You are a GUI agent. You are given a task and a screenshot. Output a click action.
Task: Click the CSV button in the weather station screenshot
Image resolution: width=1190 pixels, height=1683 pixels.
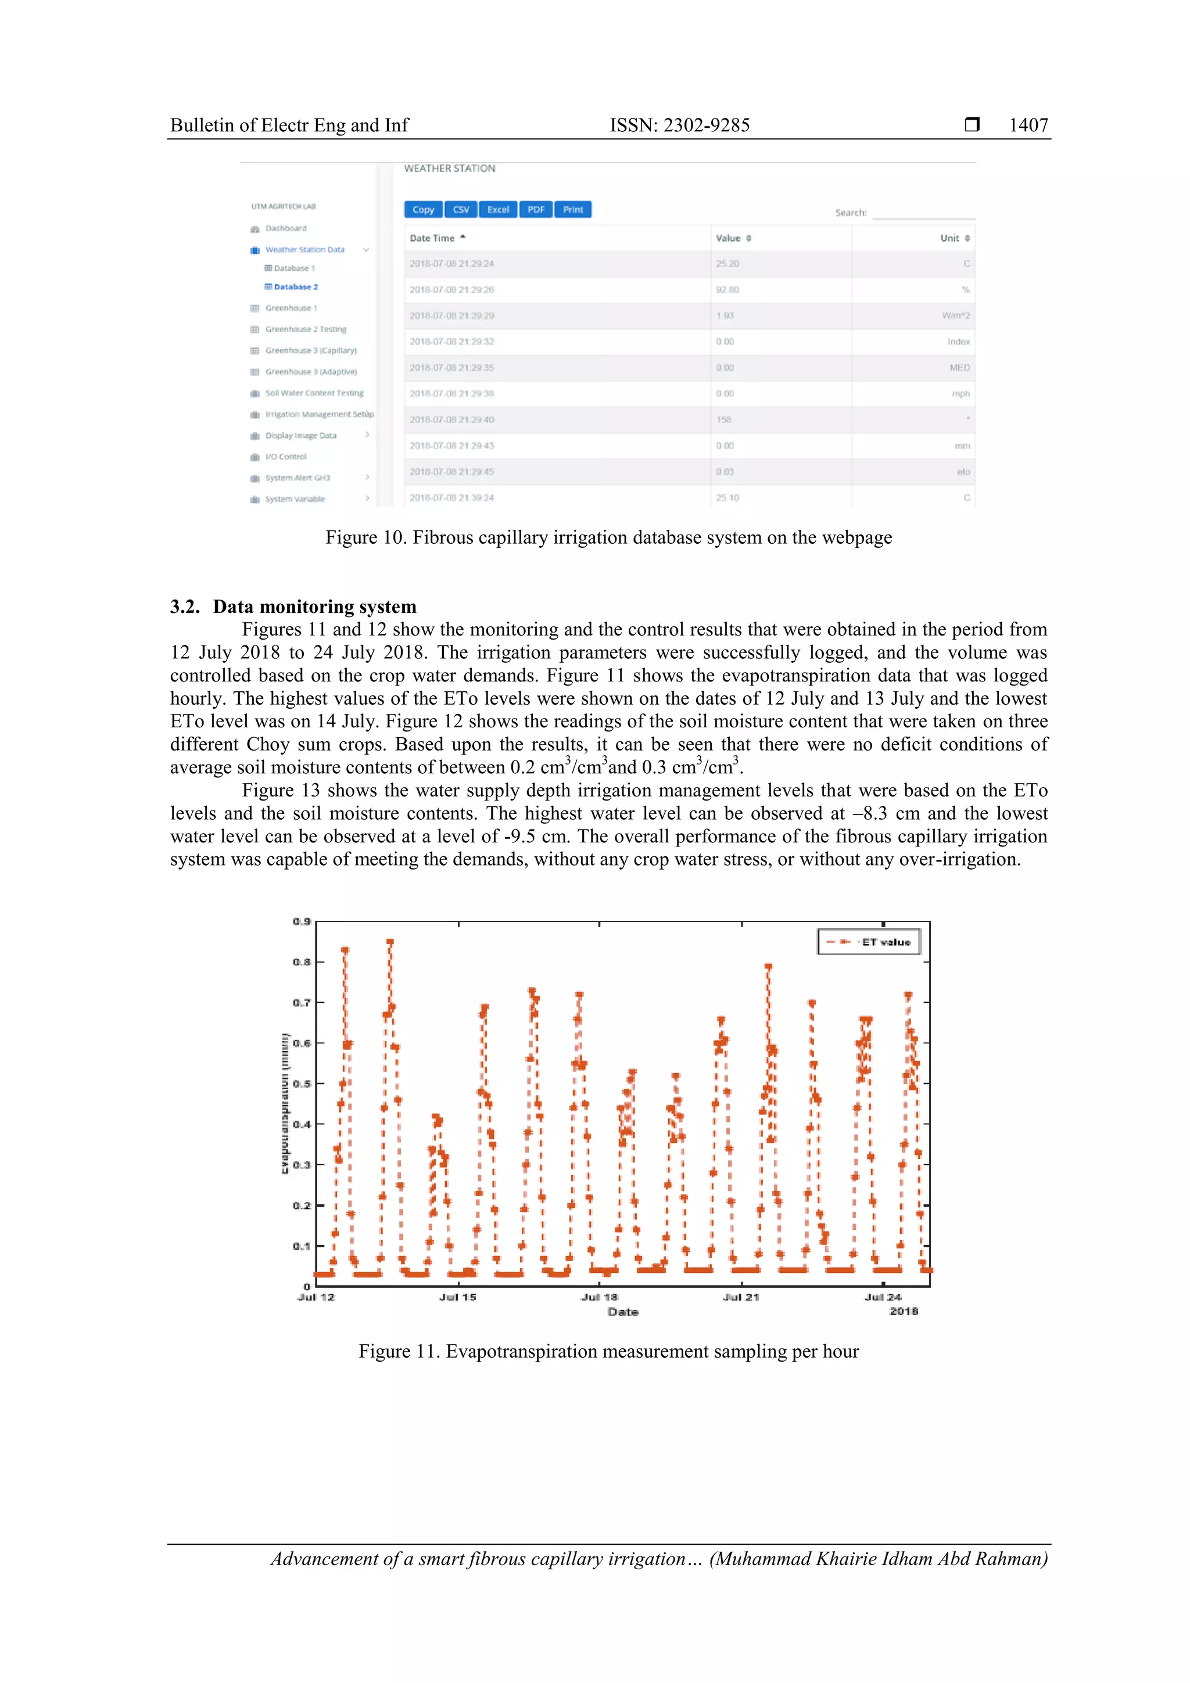(x=460, y=210)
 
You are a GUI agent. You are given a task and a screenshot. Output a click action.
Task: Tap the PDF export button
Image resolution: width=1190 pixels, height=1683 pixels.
(x=536, y=210)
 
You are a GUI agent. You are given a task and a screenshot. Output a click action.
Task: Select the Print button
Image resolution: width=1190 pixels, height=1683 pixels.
(x=573, y=210)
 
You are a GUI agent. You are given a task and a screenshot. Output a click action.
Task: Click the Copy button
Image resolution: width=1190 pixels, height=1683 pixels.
(x=423, y=210)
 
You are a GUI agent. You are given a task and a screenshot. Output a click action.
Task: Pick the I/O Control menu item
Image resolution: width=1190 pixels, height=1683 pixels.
(x=285, y=457)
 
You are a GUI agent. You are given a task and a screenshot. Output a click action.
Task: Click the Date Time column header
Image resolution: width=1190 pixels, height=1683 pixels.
(x=432, y=238)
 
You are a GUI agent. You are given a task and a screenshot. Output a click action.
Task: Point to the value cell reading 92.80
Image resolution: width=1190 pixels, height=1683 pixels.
(x=727, y=289)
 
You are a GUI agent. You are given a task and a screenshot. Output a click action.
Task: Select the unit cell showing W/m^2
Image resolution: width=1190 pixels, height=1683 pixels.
(x=955, y=316)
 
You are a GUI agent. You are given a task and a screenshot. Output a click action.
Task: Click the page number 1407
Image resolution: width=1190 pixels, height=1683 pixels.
(x=1028, y=125)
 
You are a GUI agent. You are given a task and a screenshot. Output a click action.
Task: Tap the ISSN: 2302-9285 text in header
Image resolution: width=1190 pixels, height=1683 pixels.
(x=679, y=125)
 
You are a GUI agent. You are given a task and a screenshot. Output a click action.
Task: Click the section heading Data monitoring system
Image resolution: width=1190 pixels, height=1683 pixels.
(x=314, y=607)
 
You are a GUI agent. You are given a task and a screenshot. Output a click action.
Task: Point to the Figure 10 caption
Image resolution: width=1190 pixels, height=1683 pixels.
(x=608, y=537)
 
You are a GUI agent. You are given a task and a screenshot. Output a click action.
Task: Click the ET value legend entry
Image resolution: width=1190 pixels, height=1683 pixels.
(x=885, y=942)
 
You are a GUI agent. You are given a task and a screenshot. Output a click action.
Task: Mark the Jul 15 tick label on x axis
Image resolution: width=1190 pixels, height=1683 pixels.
(x=457, y=1297)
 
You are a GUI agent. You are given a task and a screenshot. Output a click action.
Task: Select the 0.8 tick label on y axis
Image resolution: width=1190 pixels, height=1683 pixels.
(x=302, y=961)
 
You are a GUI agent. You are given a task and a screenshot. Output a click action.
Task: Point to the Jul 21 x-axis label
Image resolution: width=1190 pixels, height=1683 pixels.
(x=740, y=1297)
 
